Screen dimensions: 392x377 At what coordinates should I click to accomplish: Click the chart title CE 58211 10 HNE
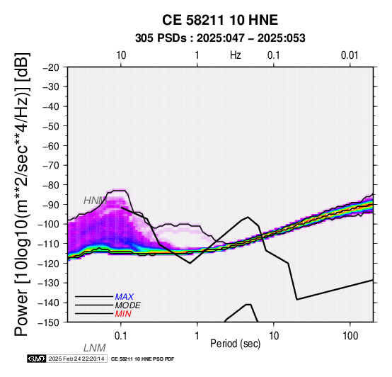pyautogui.click(x=220, y=20)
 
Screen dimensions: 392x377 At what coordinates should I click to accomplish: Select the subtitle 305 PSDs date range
pyautogui.click(x=220, y=38)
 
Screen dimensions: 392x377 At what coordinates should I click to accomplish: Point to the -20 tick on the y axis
pyautogui.click(x=51, y=67)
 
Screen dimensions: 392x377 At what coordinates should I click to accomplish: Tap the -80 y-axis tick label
pyautogui.click(x=51, y=185)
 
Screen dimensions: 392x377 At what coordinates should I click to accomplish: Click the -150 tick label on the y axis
pyautogui.click(x=49, y=322)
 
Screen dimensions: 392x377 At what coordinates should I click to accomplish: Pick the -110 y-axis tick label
pyautogui.click(x=49, y=244)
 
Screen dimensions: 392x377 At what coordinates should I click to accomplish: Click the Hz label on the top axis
pyautogui.click(x=235, y=55)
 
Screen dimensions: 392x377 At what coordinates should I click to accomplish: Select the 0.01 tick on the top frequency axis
pyautogui.click(x=350, y=55)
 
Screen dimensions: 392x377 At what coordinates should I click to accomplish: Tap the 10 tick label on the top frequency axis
pyautogui.click(x=121, y=55)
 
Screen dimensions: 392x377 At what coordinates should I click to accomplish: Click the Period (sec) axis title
pyautogui.click(x=235, y=344)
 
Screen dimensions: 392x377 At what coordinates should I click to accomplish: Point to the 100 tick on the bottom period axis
pyautogui.click(x=350, y=336)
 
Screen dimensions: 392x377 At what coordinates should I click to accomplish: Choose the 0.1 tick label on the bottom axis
pyautogui.click(x=121, y=336)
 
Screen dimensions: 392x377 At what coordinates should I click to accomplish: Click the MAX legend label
pyautogui.click(x=124, y=297)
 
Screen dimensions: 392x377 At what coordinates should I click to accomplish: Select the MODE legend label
pyautogui.click(x=127, y=305)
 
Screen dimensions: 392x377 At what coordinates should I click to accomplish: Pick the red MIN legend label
pyautogui.click(x=123, y=314)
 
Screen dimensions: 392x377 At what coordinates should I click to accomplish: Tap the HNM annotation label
pyautogui.click(x=95, y=201)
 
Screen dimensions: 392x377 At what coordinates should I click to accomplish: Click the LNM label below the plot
pyautogui.click(x=95, y=348)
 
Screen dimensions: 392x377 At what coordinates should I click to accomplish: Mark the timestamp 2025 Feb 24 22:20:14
pyautogui.click(x=76, y=359)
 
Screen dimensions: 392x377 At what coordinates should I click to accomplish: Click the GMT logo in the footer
pyautogui.click(x=37, y=359)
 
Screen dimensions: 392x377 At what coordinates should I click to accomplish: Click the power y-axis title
pyautogui.click(x=21, y=194)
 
